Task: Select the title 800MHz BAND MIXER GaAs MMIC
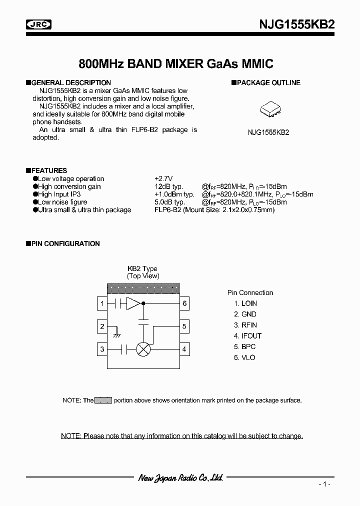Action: tap(176, 64)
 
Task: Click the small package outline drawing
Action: tap(268, 111)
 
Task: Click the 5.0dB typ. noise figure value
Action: tap(170, 202)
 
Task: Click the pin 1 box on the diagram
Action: tap(102, 303)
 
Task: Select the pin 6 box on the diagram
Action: tap(184, 303)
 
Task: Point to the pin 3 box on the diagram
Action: tap(102, 349)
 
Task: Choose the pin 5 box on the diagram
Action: tap(184, 327)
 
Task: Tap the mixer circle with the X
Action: tap(144, 349)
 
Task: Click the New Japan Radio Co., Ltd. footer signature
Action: tap(180, 478)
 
